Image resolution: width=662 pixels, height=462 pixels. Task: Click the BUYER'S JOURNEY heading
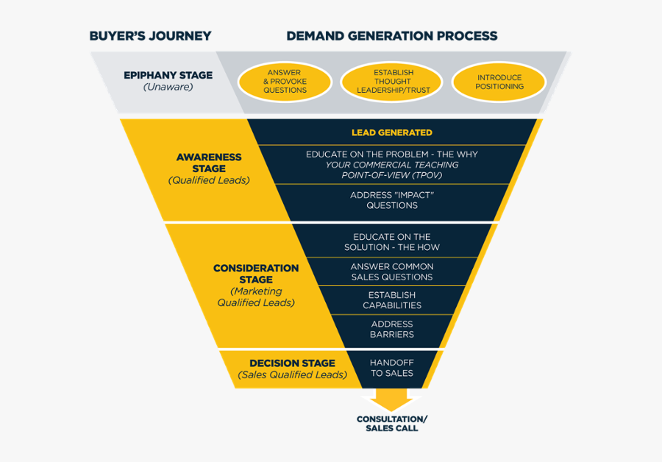[150, 36]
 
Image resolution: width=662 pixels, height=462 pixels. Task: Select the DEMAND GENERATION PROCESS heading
[391, 36]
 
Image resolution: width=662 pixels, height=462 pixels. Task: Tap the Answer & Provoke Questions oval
[285, 82]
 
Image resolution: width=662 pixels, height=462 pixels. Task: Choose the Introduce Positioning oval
[499, 82]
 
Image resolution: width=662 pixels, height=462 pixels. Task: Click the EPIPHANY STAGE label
[168, 75]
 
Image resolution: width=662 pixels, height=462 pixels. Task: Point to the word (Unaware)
[168, 88]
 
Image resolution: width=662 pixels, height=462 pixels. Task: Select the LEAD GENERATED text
[391, 132]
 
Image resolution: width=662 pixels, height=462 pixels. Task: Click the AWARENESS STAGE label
[208, 163]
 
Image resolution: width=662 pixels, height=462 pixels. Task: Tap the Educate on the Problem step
[391, 165]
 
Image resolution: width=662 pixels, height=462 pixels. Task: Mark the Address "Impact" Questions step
[391, 200]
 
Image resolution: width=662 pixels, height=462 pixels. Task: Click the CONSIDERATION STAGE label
[256, 274]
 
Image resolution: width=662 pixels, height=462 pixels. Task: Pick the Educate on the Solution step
[391, 242]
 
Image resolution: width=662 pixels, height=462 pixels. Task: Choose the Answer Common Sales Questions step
[391, 271]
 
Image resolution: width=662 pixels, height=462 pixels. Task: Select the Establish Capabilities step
[391, 300]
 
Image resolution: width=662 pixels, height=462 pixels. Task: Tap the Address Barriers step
[391, 329]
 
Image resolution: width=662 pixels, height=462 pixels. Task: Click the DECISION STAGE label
[292, 363]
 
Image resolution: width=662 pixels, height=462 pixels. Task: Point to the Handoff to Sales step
[391, 368]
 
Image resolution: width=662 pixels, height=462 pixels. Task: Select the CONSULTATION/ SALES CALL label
[391, 424]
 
